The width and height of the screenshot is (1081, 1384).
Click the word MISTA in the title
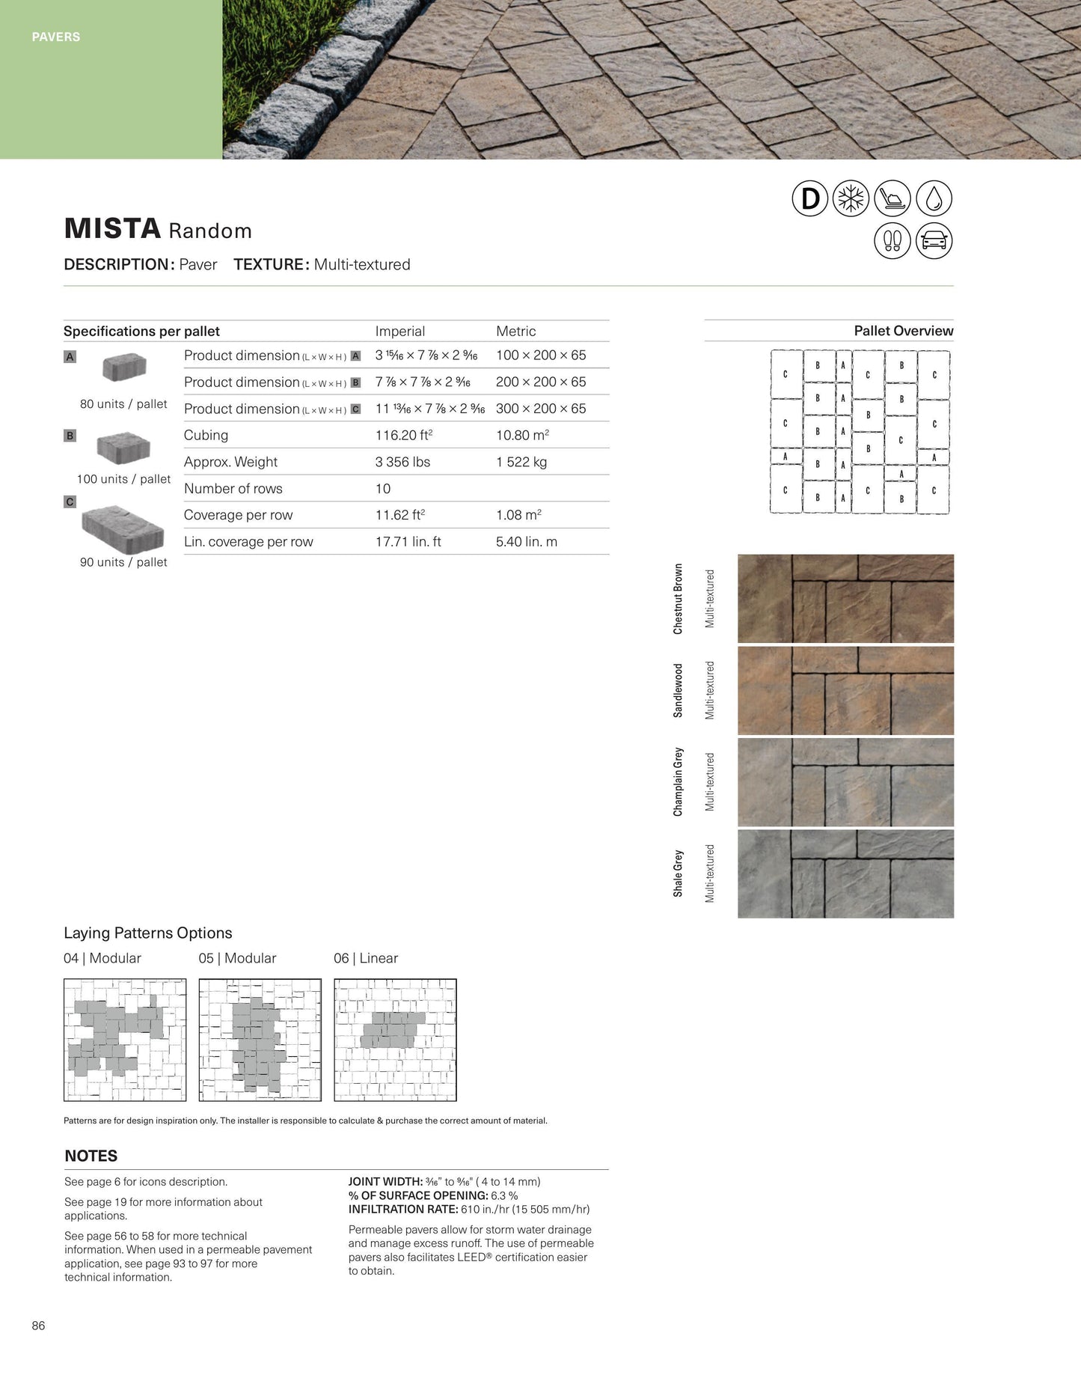coord(112,229)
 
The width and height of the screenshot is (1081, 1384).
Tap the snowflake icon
coord(851,199)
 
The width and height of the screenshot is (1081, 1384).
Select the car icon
coord(934,241)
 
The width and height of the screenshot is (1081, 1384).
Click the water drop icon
coord(934,199)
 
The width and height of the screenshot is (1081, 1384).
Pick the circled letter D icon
coord(810,199)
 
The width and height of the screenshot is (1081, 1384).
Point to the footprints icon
coord(892,241)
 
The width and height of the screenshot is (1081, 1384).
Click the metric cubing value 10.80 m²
coord(522,435)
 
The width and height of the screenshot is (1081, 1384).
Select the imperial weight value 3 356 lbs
coord(402,462)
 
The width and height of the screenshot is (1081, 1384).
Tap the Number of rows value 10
coord(383,489)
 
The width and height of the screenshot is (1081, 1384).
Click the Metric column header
coord(515,331)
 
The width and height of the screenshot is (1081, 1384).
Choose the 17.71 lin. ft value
coord(408,542)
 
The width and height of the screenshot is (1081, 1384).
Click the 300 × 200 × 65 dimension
coord(541,409)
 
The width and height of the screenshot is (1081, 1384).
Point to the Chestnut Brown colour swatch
coord(845,599)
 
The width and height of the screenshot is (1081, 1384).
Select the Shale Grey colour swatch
coord(845,874)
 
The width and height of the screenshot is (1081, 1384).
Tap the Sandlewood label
coord(678,690)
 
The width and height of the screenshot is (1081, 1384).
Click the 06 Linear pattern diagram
coord(395,1040)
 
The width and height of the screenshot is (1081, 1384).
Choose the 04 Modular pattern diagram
coord(125,1040)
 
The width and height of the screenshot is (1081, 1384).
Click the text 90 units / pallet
coord(123,562)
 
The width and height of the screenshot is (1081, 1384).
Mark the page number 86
coord(38,1326)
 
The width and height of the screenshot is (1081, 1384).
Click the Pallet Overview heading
coord(903,331)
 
